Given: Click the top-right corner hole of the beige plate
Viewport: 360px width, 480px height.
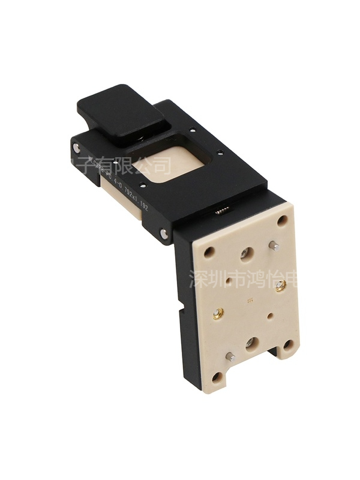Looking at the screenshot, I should [282, 221].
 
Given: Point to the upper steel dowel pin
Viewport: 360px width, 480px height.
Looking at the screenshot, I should [272, 245].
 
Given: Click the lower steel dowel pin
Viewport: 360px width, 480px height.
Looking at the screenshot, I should [229, 356].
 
